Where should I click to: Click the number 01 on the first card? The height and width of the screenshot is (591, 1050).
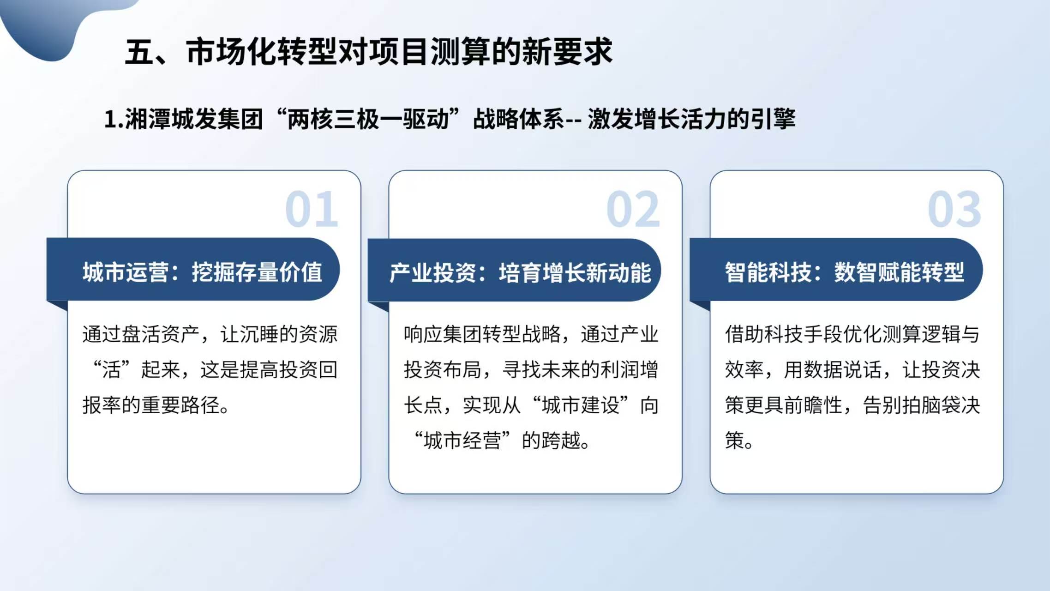coord(312,209)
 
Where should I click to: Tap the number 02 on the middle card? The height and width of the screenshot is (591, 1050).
coord(633,209)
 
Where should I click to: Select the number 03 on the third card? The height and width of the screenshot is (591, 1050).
coord(954,209)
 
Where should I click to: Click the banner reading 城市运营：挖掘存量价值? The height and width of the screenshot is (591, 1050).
coord(193,270)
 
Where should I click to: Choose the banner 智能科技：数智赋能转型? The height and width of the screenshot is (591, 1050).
coord(836,270)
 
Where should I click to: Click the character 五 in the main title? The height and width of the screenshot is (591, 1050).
coord(140,51)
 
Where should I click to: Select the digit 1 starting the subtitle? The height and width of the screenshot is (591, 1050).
coord(110,119)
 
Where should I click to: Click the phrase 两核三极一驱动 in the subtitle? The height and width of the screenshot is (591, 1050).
coord(368,119)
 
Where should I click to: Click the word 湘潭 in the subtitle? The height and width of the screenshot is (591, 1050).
coord(148,119)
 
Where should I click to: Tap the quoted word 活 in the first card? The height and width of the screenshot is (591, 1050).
coord(112,370)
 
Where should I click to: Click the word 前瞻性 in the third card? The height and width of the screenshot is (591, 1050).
coord(813,405)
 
